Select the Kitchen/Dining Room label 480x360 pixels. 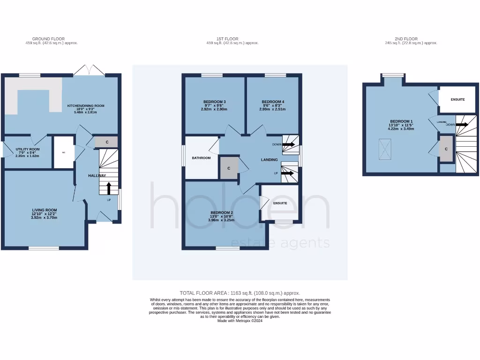click(x=85, y=106)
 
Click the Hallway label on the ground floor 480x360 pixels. click(x=97, y=175)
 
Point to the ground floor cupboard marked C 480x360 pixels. click(x=107, y=142)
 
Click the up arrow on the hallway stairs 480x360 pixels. click(x=109, y=188)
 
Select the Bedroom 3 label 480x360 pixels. click(x=214, y=102)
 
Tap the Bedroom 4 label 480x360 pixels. click(x=273, y=102)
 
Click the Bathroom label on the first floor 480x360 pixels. click(x=202, y=158)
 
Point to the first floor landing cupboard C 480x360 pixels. click(x=229, y=168)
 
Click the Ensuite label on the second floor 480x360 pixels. click(x=457, y=99)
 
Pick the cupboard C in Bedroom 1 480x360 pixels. click(x=446, y=149)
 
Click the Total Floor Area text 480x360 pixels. click(x=240, y=292)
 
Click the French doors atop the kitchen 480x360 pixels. click(x=89, y=70)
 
